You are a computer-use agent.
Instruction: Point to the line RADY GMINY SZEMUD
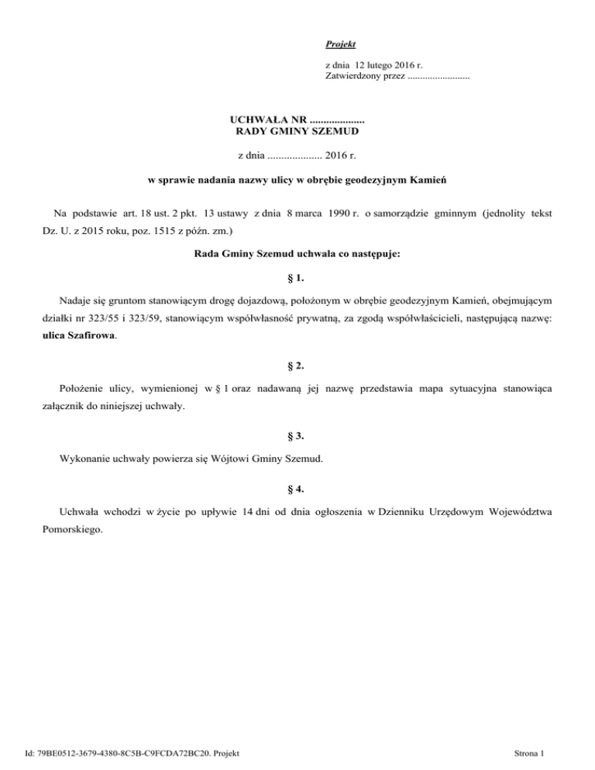297,132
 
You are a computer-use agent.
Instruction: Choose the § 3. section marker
297,435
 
